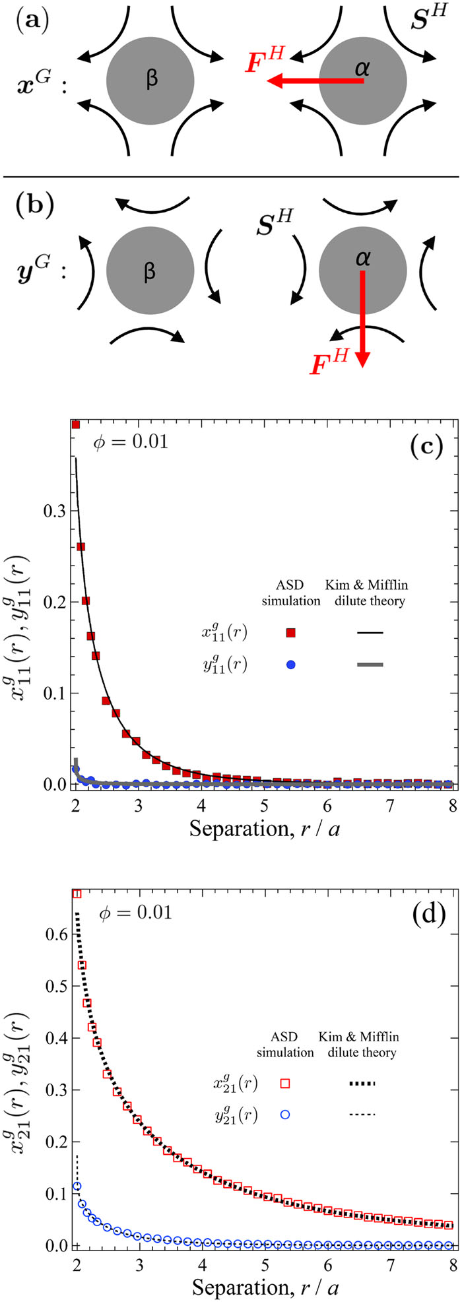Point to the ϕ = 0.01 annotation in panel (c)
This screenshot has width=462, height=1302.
click(132, 441)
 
